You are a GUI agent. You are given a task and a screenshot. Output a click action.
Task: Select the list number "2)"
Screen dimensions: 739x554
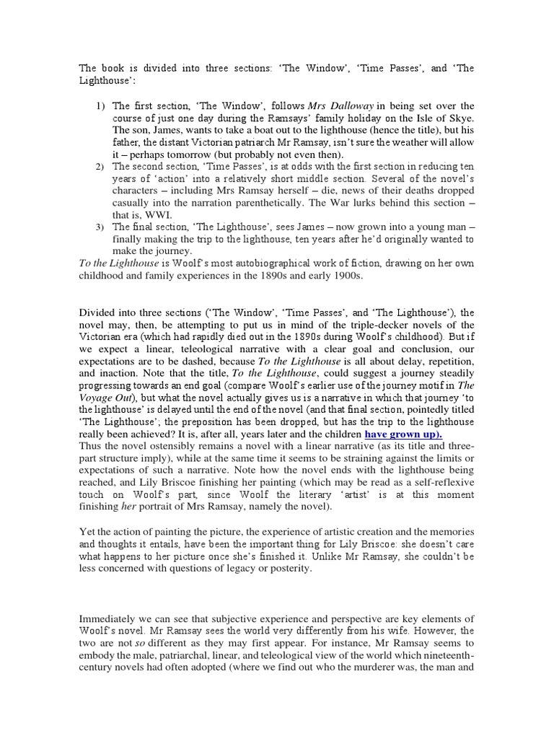tap(101, 167)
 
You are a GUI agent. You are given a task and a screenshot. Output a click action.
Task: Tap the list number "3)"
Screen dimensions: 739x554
tap(101, 227)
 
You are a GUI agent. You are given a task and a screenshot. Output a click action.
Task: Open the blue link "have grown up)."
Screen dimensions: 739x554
tap(404, 434)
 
